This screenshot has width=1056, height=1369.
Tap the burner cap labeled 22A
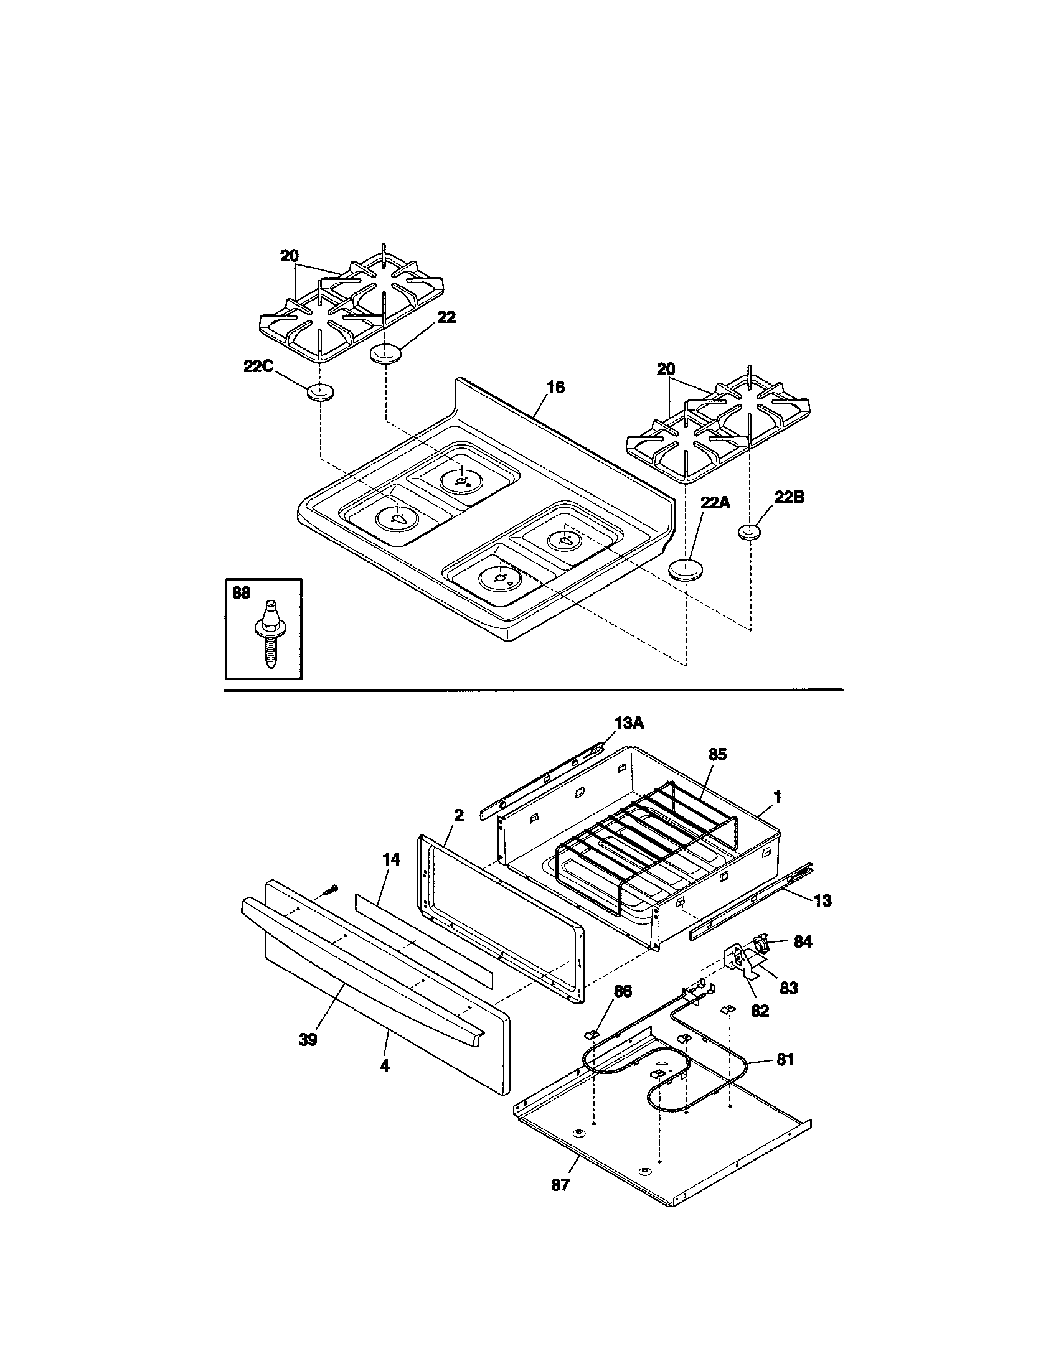pyautogui.click(x=685, y=570)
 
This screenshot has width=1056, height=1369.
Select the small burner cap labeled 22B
pyautogui.click(x=749, y=532)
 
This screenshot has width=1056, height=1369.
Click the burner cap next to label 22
pyautogui.click(x=385, y=352)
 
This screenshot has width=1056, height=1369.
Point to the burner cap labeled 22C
pyautogui.click(x=320, y=393)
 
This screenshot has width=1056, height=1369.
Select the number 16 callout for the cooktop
pyautogui.click(x=555, y=388)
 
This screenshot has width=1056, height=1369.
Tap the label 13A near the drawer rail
pyautogui.click(x=629, y=722)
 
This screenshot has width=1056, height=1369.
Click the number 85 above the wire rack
pyautogui.click(x=717, y=755)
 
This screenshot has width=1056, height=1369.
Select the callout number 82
pyautogui.click(x=760, y=1011)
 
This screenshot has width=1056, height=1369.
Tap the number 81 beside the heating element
pyautogui.click(x=785, y=1059)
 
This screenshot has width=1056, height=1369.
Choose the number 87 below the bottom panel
pyautogui.click(x=560, y=1185)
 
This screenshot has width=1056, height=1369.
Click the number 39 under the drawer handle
pyautogui.click(x=308, y=1039)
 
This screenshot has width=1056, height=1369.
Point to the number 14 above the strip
pyautogui.click(x=390, y=860)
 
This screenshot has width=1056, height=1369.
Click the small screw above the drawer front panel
pyautogui.click(x=331, y=888)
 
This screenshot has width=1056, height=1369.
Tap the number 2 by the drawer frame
pyautogui.click(x=458, y=815)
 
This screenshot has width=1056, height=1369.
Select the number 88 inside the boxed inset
pyautogui.click(x=242, y=592)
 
